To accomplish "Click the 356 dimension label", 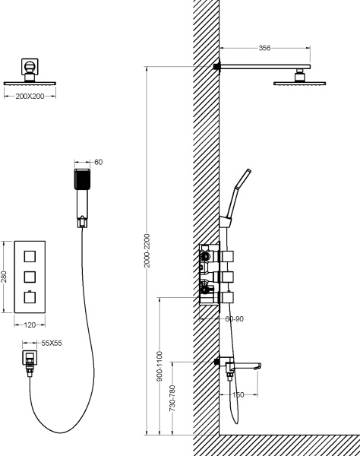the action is [264, 48].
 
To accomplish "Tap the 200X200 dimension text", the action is [30, 97].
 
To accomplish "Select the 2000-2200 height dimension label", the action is [147, 251].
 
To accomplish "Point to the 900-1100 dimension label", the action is [160, 366].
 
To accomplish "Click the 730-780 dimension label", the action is [172, 398].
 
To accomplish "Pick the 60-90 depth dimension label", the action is [235, 318].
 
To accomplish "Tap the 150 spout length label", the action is [238, 394].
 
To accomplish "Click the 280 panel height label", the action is [4, 277].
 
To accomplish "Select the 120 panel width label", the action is [30, 325].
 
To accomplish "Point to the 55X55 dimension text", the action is [52, 344].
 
